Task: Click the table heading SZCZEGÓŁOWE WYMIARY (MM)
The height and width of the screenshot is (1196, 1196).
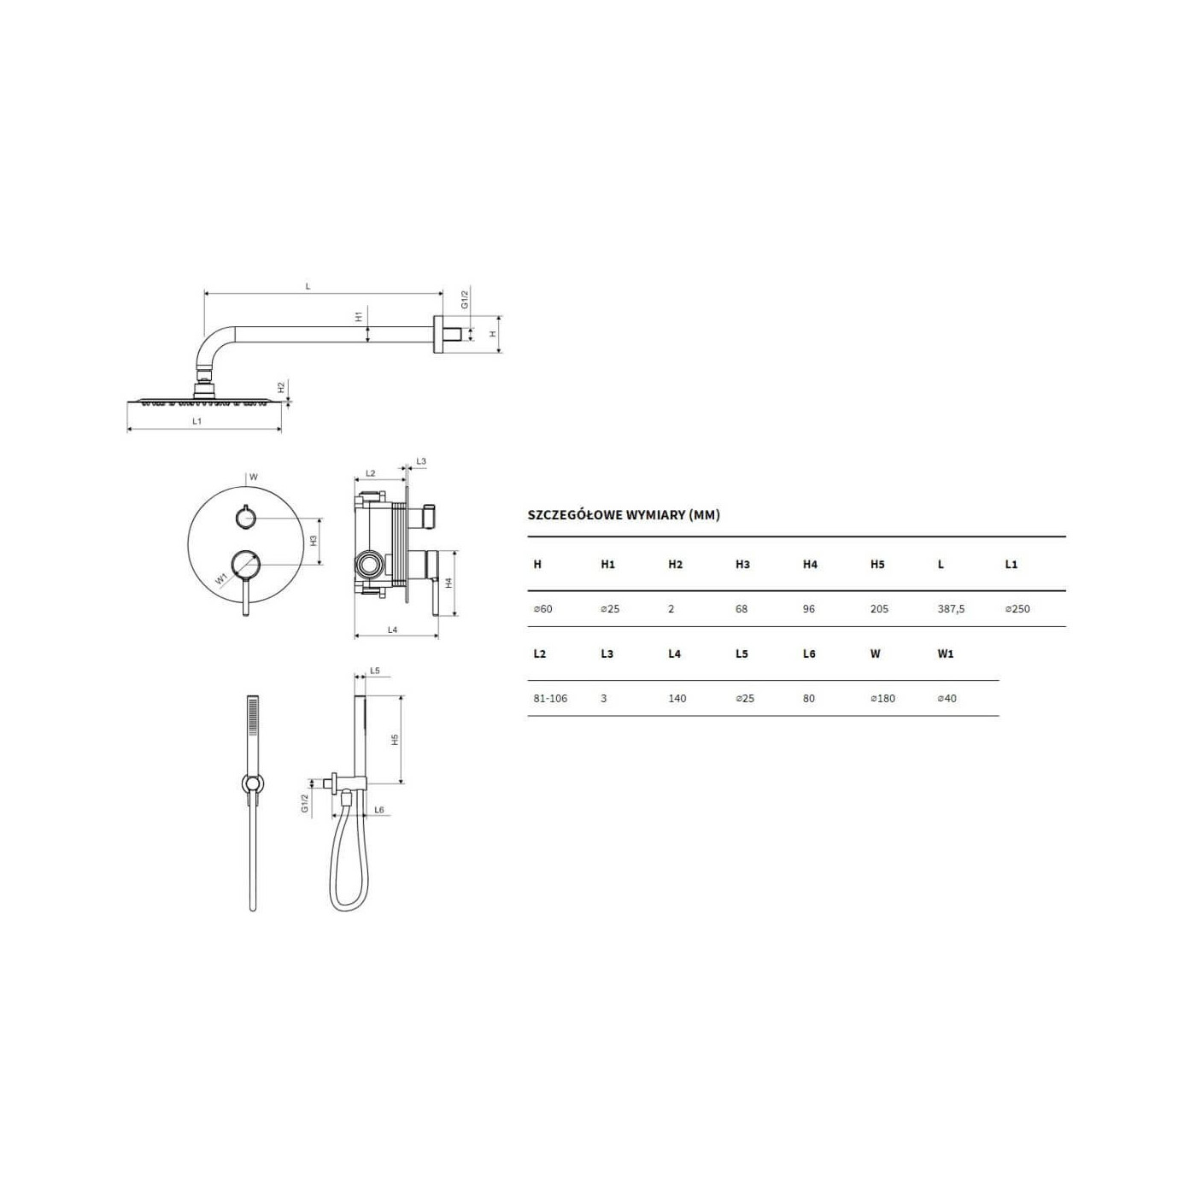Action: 623,515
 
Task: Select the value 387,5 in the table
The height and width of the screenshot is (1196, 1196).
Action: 951,609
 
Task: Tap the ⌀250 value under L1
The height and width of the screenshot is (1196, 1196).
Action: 1017,609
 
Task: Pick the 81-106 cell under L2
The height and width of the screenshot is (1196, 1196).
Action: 550,698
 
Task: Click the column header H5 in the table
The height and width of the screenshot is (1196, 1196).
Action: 877,564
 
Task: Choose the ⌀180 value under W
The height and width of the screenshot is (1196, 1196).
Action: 882,698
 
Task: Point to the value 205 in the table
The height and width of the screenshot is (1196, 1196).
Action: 879,609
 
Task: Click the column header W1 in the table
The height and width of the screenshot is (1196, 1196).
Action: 945,654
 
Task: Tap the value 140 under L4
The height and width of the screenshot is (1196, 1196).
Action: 677,698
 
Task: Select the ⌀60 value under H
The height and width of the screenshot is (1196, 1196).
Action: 542,609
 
